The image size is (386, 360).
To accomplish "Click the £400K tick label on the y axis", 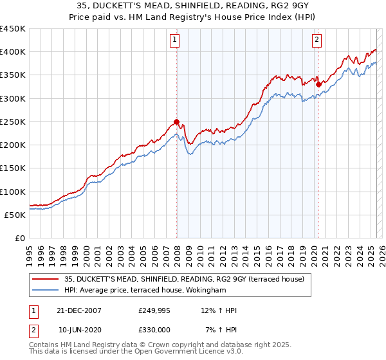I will coord(13,52).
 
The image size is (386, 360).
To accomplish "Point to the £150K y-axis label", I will coord(13,168).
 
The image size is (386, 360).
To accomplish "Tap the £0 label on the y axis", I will coord(20,239).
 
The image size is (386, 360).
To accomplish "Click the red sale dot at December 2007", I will coord(176,122).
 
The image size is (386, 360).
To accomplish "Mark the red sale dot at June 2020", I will coord(318,84).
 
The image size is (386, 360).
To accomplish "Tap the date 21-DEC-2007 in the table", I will coord(80,310).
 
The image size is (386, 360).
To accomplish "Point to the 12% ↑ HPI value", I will coord(219,310).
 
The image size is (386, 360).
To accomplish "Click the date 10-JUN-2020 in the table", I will coord(80,329).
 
